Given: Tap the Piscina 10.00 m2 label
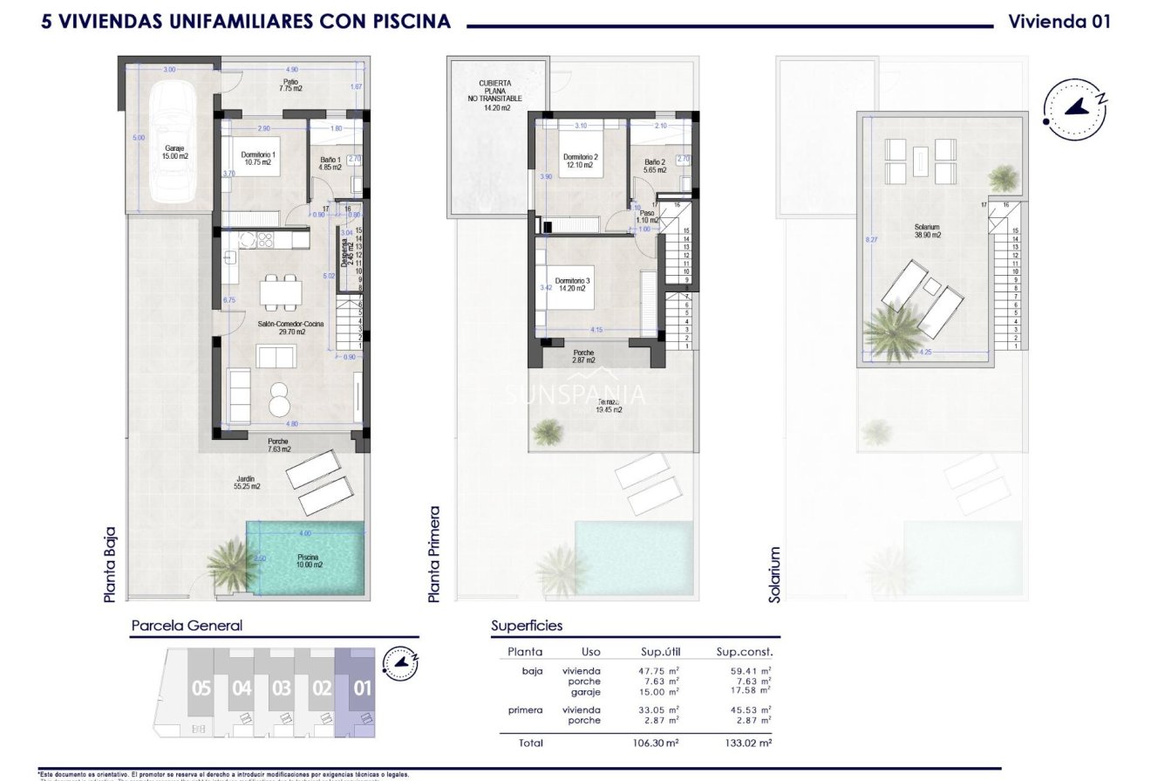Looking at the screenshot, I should pos(307,561).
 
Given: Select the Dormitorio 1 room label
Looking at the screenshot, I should pos(258,159).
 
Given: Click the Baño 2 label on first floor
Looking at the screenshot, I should pos(655,166).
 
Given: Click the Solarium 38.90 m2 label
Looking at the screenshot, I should pos(927,230).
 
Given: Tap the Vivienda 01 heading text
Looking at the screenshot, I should pos(1059,22).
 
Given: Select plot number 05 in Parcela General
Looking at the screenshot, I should pos(201,689).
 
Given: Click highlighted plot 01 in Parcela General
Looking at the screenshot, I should pos(361,689).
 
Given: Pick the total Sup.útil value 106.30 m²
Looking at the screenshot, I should pos(658,743).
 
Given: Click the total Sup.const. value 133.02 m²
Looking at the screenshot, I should pos(750,743).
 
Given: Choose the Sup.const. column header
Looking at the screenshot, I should pos(744,651).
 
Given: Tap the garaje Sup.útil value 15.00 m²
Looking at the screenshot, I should pos(658,692).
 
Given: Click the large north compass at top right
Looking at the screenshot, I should pos(1075,108).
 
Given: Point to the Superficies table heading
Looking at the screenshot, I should pos(527,626).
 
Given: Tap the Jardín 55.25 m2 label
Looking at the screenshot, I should pos(248,483).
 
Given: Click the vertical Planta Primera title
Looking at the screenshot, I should pos(434,553).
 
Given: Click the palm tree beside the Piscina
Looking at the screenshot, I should pos(232,564).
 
